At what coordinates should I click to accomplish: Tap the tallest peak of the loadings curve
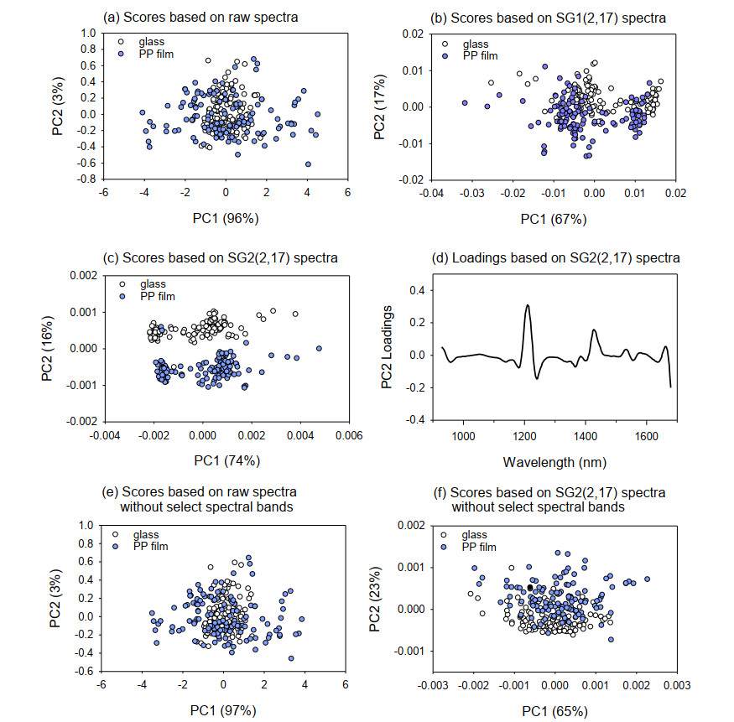tap(528, 305)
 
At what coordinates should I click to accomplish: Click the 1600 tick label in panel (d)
tap(646, 437)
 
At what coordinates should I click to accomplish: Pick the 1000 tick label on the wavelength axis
tap(462, 437)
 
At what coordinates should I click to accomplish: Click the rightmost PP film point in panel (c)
tap(318, 348)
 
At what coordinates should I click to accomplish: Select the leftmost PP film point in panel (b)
tap(464, 102)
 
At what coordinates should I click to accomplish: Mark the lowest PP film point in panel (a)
tap(308, 164)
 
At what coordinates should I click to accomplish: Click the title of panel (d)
tap(554, 257)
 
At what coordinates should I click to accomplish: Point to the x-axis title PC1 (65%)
tap(554, 711)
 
